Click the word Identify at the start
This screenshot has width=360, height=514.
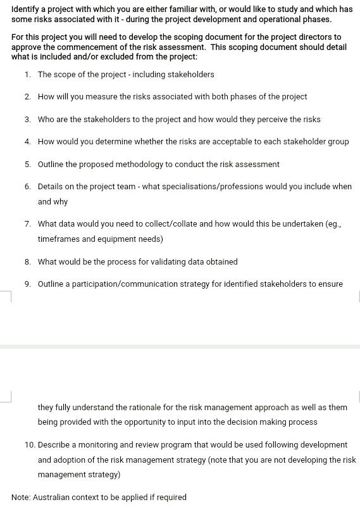pyautogui.click(x=25, y=9)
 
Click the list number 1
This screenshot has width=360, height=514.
pyautogui.click(x=28, y=75)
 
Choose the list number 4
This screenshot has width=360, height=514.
pyautogui.click(x=28, y=142)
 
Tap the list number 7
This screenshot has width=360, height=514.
pyautogui.click(x=28, y=224)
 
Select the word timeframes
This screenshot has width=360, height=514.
pyautogui.click(x=58, y=239)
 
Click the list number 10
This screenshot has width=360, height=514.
pyautogui.click(x=30, y=445)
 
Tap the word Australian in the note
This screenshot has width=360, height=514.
pyautogui.click(x=53, y=498)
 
